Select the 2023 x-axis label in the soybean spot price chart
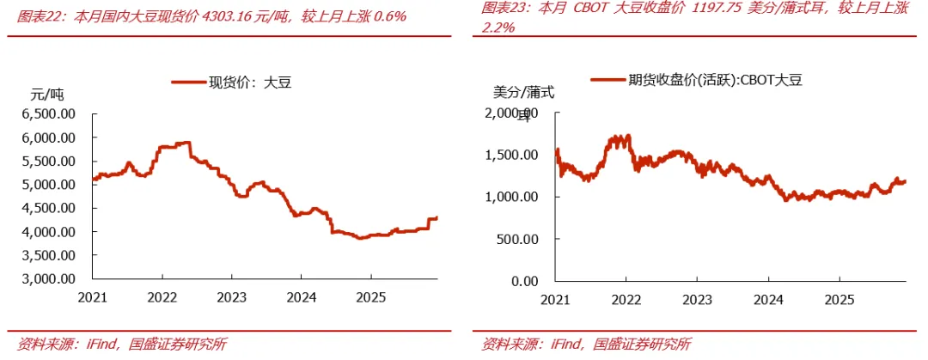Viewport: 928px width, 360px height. [x=232, y=297]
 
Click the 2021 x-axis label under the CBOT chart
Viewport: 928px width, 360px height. [x=555, y=300]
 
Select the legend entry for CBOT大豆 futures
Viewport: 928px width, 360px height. [x=697, y=81]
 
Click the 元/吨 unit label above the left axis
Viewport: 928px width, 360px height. [x=46, y=94]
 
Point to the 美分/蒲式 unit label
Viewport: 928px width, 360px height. [x=524, y=93]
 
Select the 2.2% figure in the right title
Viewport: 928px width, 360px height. [x=498, y=27]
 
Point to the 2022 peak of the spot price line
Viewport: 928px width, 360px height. [x=188, y=142]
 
